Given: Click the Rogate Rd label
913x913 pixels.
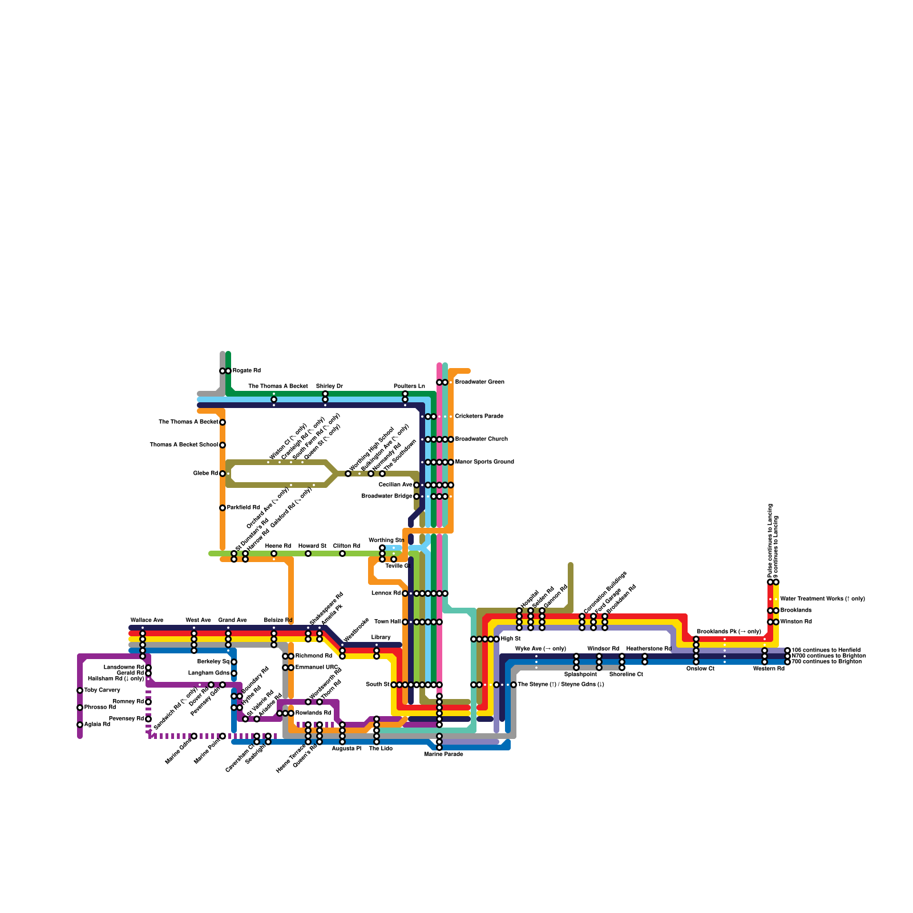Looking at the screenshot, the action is [246, 371].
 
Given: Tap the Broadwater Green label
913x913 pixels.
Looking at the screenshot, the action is [479, 382].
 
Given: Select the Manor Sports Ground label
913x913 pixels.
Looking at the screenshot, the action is [484, 462].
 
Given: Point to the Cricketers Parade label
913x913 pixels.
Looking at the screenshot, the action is [479, 417].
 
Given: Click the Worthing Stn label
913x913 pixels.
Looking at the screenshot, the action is [386, 540].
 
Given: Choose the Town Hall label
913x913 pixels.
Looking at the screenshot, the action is [387, 622].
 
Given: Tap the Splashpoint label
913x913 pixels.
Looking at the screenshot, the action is [580, 674].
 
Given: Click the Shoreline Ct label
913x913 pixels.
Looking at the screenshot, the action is [626, 674].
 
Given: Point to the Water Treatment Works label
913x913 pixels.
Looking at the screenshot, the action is [822, 599].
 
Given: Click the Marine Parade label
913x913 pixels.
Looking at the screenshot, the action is [443, 754].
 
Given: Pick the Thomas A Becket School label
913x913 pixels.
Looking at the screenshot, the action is [184, 445].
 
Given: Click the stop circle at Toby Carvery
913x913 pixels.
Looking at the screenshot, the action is [80, 690].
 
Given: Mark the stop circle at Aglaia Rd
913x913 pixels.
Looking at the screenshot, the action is [80, 725].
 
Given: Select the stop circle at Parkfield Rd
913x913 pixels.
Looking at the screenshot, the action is [223, 508].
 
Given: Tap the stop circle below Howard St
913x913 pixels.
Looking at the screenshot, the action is [308, 554].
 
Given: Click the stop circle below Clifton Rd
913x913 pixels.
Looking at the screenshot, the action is [342, 554].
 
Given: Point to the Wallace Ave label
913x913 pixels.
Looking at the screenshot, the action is [147, 620].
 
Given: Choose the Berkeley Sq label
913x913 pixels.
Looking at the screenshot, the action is [213, 662].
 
